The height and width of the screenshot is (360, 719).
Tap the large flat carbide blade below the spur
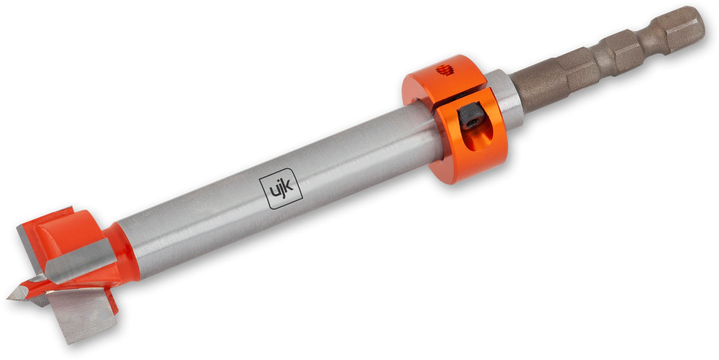tap(83, 314)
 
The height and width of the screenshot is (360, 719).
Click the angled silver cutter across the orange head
tap(80, 261)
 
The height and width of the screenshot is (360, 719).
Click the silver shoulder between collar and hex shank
tap(508, 98)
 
